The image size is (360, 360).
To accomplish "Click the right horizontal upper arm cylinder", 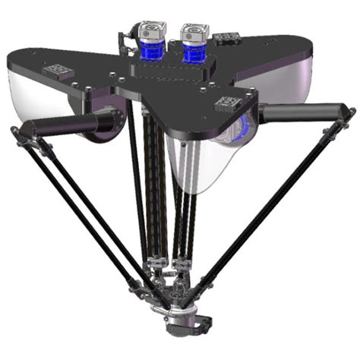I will coord(299,113).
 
